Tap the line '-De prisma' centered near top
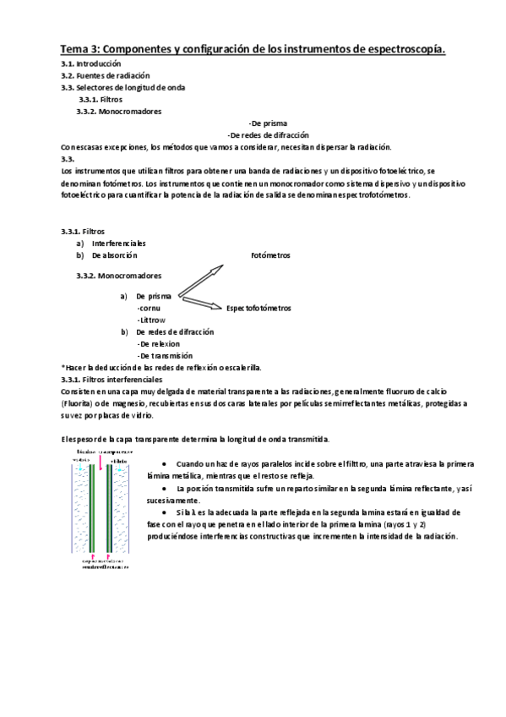point(268,123)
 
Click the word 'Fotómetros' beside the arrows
point(270,255)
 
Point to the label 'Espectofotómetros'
point(258,309)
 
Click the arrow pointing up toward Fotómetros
point(203,279)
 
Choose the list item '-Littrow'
point(151,320)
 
